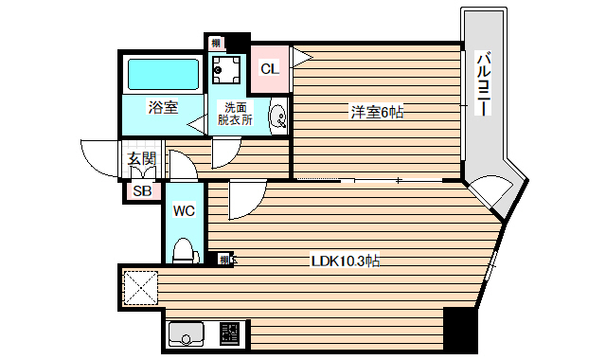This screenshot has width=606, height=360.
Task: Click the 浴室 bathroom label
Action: click(x=163, y=108)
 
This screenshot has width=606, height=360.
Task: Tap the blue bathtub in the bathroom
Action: click(x=162, y=74)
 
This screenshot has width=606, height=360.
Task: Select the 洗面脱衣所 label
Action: click(x=232, y=114)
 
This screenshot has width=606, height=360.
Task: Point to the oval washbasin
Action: click(x=278, y=117)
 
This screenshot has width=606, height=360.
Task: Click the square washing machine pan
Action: click(x=227, y=68)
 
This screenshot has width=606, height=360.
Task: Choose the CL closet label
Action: click(x=270, y=68)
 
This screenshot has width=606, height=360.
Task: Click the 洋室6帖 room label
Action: click(x=378, y=113)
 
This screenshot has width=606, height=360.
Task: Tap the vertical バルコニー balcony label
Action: click(x=482, y=83)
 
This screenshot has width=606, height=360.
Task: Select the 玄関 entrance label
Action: click(x=142, y=159)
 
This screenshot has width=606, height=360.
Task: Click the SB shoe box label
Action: click(x=142, y=191)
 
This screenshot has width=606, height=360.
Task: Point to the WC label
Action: click(x=184, y=211)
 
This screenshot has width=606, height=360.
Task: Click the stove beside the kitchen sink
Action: click(x=229, y=334)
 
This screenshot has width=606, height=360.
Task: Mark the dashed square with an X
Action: click(x=143, y=287)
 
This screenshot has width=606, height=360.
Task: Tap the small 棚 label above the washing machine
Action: click(x=217, y=43)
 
